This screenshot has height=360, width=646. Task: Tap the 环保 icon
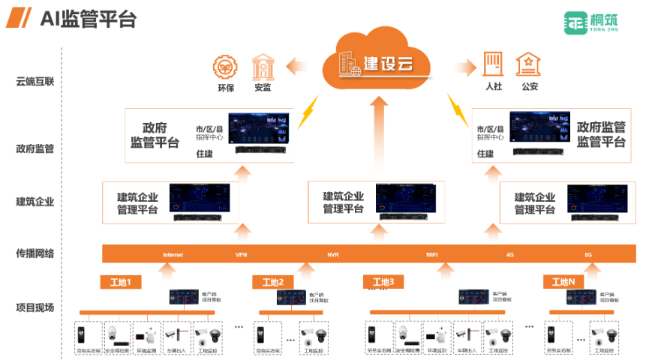coord(226,67)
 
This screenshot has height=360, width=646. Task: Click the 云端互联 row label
coord(35,82)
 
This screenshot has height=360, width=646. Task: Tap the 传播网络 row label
coord(35,253)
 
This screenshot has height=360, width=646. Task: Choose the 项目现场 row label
coord(35,307)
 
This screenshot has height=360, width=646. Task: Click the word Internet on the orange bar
coord(173,255)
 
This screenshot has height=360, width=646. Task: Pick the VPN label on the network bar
coord(242,255)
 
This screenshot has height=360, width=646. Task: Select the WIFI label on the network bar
coord(432,255)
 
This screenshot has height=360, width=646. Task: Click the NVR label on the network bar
coord(333,255)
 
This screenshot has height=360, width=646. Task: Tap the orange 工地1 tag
coord(120,283)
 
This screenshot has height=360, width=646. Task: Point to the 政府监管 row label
coord(35,148)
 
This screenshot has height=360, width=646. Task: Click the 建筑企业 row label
coord(35,201)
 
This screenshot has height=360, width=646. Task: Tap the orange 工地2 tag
coord(272,283)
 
